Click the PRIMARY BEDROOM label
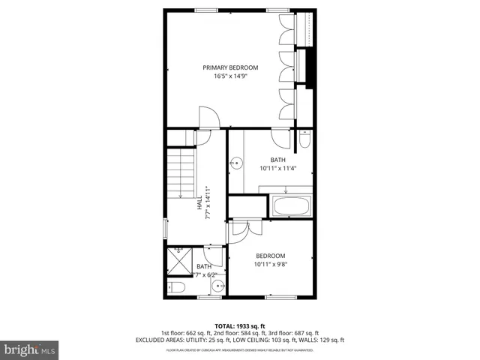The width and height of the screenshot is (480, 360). tap(230, 67)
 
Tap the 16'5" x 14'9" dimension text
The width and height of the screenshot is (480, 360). tap(230, 76)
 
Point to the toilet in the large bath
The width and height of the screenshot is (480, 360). tap(304, 139)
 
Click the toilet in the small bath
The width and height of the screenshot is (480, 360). tap(177, 287)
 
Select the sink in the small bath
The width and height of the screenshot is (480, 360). tap(215, 285)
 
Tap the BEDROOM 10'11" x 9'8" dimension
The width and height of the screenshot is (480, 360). tap(271, 264)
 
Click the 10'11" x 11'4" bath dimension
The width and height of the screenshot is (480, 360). tap(278, 168)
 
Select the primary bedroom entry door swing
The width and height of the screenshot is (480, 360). tap(208, 118)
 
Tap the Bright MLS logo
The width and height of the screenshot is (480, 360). tap(30, 349)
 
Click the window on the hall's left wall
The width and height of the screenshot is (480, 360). tap(166, 228)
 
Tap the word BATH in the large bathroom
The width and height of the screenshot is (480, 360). tap(278, 160)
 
